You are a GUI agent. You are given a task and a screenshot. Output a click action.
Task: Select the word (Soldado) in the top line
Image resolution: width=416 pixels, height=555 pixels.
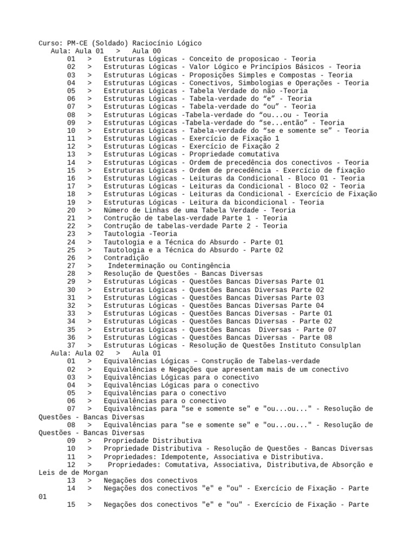tap(112, 43)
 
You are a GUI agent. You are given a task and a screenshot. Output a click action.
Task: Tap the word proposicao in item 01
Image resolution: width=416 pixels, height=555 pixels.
tap(265, 59)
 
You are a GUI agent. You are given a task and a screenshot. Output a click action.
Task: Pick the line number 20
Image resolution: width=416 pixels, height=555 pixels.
tap(71, 210)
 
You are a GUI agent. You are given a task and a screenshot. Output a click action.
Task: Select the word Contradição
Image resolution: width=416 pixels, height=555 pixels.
tap(126, 258)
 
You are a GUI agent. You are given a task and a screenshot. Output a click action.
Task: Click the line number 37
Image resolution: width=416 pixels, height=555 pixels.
tap(71, 345)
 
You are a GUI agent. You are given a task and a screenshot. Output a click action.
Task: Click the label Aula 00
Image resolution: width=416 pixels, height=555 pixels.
tap(146, 51)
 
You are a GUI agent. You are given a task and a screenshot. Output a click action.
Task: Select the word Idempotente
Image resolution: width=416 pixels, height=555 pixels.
tap(190, 457)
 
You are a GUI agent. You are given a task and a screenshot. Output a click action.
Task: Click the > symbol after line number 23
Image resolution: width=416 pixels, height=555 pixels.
tap(89, 234)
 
